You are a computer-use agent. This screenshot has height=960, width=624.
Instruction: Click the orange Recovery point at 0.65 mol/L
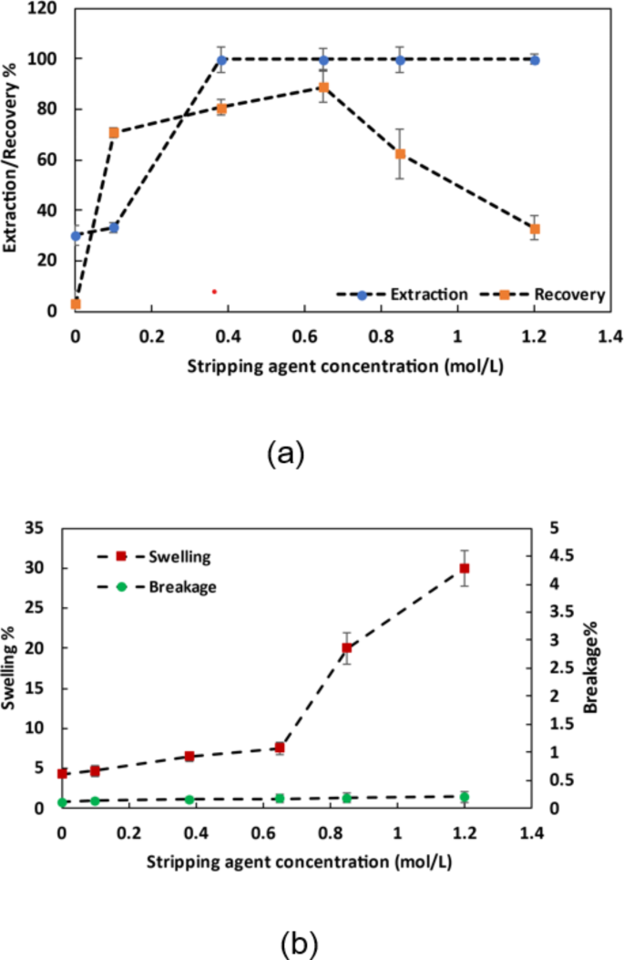pyautogui.click(x=323, y=88)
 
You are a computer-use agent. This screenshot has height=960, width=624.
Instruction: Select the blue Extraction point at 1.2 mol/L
pyautogui.click(x=535, y=60)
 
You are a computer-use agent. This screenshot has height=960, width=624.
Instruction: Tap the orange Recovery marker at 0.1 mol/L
pyautogui.click(x=114, y=132)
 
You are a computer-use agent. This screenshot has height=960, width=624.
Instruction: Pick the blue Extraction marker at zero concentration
pyautogui.click(x=76, y=235)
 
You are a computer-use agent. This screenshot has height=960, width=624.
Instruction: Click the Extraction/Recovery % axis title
pyautogui.click(x=13, y=160)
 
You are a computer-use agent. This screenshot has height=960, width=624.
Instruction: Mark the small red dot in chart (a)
pyautogui.click(x=214, y=292)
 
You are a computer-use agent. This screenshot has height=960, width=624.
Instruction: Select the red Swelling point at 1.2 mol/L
pyautogui.click(x=465, y=568)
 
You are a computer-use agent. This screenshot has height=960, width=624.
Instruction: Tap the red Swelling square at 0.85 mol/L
pyautogui.click(x=347, y=648)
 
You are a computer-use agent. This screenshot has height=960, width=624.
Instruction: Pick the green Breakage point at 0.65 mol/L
pyautogui.click(x=280, y=798)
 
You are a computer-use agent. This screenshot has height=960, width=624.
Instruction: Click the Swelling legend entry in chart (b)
pyautogui.click(x=163, y=554)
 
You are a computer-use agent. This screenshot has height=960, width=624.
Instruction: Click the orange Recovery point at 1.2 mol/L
pyautogui.click(x=535, y=229)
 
